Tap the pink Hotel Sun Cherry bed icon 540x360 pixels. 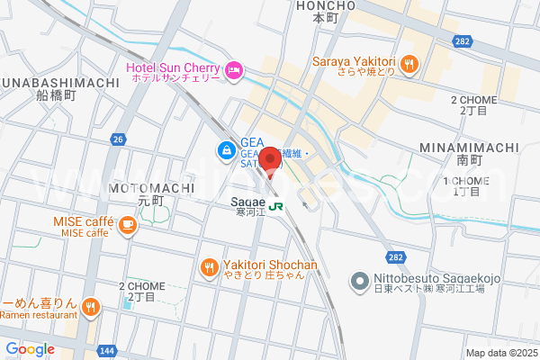[x=234, y=69]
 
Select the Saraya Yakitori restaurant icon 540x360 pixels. [x=409, y=62]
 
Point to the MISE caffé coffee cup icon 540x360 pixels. [x=127, y=226]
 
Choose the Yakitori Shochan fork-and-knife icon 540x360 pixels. [x=209, y=266]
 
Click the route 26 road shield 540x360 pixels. [x=119, y=139]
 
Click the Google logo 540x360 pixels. [x=30, y=348]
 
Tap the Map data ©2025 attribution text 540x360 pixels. [x=500, y=353]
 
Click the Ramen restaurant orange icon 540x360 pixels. [x=90, y=309]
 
